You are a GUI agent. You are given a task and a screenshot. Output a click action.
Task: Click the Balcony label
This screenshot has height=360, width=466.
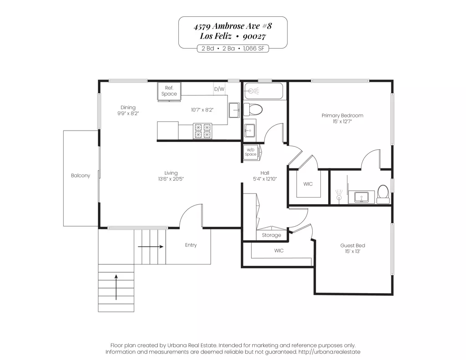[80, 175]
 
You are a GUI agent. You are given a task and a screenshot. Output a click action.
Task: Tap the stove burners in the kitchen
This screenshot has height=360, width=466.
[203, 131]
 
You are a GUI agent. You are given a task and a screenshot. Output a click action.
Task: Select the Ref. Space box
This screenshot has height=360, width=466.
[169, 91]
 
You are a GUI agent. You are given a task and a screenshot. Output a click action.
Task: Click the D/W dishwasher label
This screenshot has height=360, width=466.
[219, 89]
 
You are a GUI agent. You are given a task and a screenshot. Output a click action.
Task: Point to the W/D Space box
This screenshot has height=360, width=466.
[251, 152]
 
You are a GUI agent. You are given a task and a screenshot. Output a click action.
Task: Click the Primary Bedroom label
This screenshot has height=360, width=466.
[342, 115]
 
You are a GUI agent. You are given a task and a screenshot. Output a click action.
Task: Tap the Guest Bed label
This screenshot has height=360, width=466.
[353, 245]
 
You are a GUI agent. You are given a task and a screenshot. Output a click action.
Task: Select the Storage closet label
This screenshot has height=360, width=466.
[271, 235]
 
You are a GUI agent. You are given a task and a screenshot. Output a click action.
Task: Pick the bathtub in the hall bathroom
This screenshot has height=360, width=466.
[263, 91]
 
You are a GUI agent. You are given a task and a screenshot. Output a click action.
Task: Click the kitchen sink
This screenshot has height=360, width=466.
[234, 110]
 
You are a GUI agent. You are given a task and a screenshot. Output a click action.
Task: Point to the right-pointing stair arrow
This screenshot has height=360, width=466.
[150, 246]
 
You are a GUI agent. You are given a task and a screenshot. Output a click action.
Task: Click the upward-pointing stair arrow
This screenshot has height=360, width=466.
[116, 287]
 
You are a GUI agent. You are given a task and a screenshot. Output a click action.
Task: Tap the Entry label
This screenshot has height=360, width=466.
[191, 245]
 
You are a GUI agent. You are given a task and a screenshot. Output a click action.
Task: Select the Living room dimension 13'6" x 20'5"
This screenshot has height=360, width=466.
[171, 179]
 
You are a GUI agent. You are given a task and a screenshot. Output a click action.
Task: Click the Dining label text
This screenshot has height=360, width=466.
[128, 107]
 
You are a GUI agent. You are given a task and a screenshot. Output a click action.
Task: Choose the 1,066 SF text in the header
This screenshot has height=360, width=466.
[253, 48]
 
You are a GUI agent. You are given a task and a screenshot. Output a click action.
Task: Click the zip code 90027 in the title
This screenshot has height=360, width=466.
[254, 36]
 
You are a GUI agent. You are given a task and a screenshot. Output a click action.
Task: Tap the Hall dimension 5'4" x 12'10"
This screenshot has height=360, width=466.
[265, 179]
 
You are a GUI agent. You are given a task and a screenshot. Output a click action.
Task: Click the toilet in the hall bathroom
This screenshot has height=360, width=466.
[253, 109]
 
